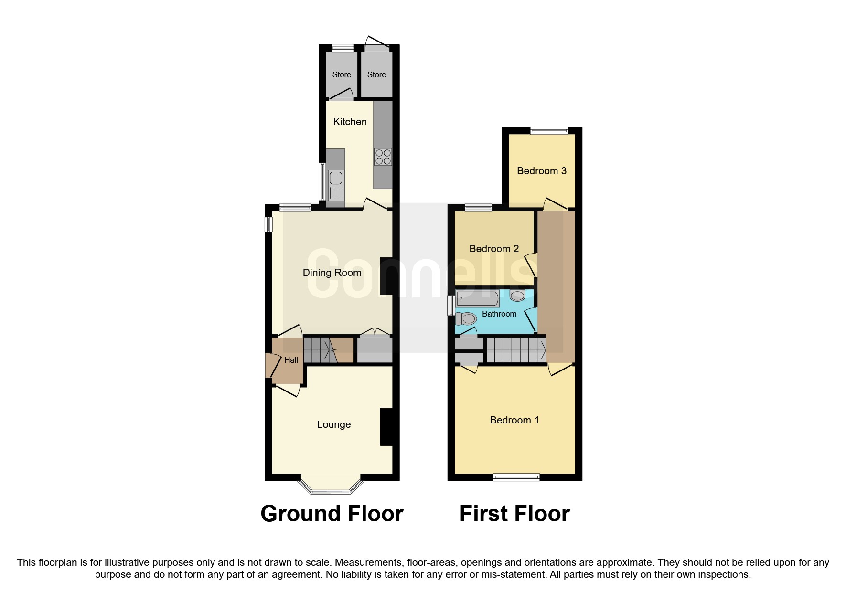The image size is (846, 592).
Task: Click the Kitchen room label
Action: [350, 122]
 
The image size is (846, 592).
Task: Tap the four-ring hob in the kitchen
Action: [383, 157]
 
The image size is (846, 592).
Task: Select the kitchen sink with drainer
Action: [336, 184]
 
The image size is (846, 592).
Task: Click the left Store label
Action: [342, 74]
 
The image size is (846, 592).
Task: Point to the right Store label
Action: [376, 74]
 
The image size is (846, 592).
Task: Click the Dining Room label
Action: [332, 273]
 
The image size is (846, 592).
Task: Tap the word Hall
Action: [291, 360]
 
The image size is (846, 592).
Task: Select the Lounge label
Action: [333, 424]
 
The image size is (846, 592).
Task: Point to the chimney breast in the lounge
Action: [386, 427]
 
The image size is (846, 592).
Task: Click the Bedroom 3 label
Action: [541, 171]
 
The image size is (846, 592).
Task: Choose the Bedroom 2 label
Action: [493, 249]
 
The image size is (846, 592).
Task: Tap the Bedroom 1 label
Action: [514, 420]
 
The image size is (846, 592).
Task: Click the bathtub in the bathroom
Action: [477, 299]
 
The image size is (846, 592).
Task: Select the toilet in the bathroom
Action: [466, 318]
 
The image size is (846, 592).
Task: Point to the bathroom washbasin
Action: [517, 296]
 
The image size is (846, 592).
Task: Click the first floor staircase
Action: [516, 350]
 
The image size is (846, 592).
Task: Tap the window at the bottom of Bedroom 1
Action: [516, 477]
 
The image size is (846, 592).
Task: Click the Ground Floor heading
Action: [332, 514]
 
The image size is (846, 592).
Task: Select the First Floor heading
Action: [514, 514]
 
